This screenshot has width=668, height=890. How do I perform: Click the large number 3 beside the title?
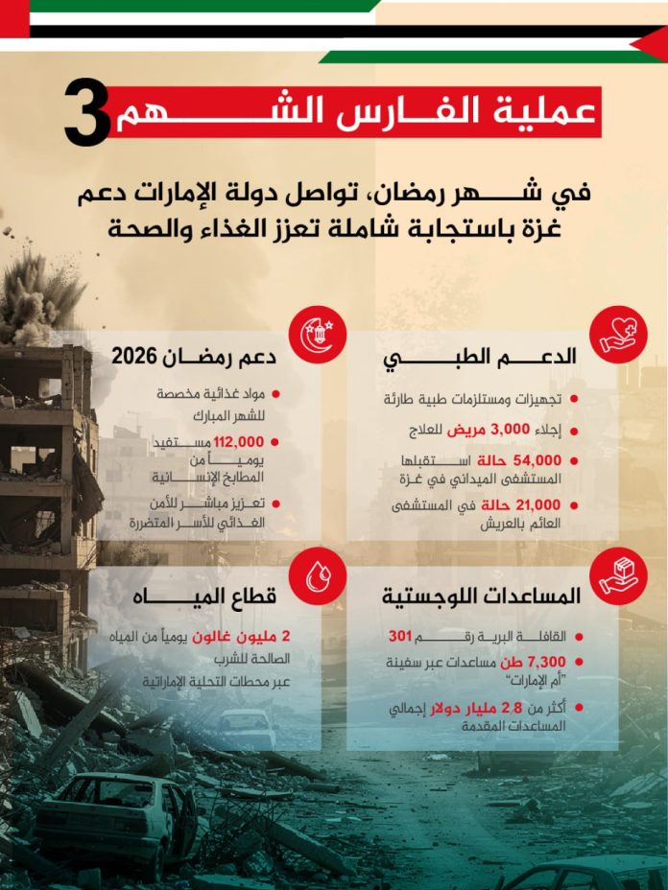coord(88,114)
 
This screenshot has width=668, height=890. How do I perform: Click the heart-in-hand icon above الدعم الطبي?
coord(617,335)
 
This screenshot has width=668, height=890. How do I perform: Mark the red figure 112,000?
coord(237,442)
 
